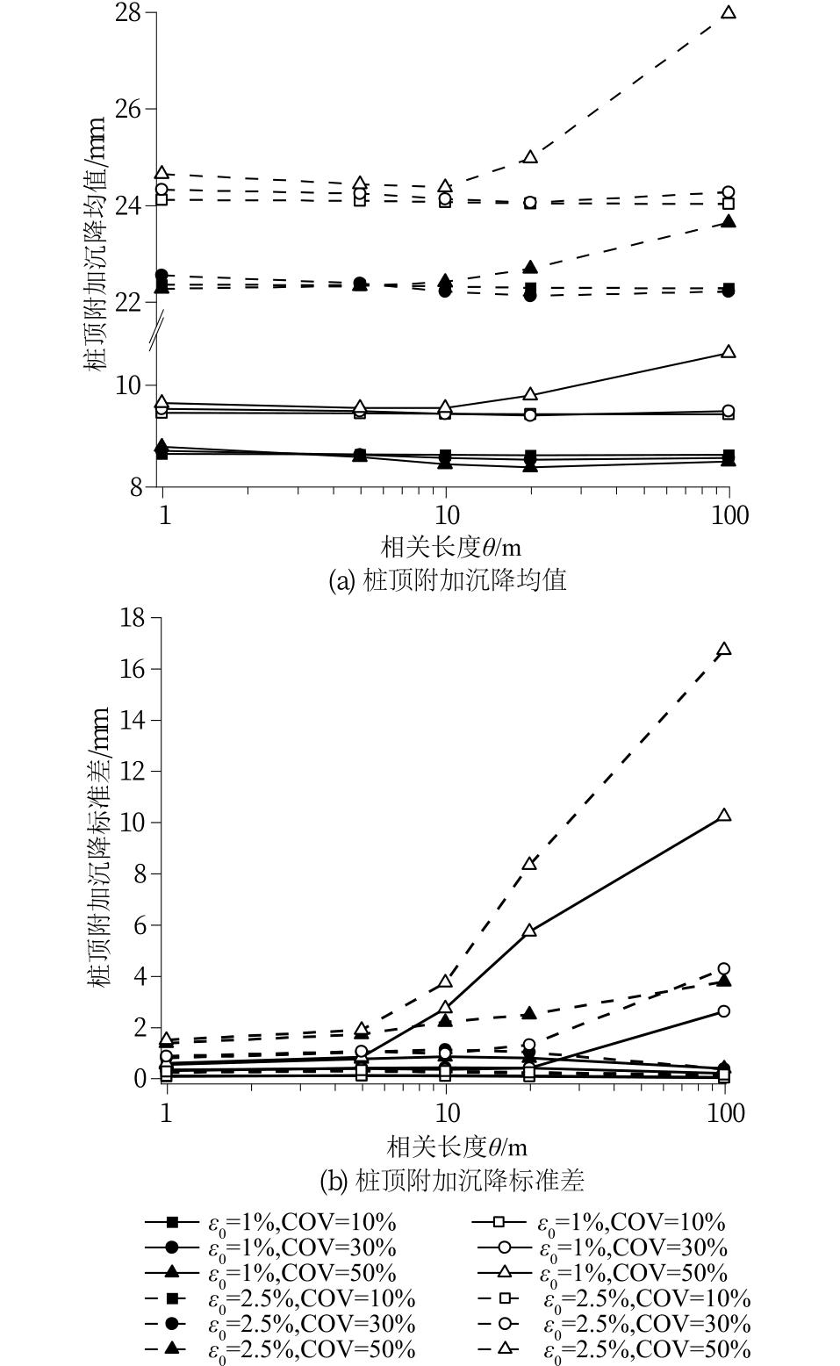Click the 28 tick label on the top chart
(131, 14)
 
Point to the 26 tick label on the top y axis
(131, 109)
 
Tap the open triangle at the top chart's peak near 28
(728, 13)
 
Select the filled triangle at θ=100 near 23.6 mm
(728, 222)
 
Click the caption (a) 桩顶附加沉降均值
(447, 580)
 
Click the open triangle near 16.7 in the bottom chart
(724, 650)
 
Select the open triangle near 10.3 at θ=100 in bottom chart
(724, 816)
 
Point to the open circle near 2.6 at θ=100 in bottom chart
(724, 1011)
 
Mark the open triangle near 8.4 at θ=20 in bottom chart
(529, 864)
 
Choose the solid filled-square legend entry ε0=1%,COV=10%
(272, 1222)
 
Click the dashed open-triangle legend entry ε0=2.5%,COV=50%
(614, 1349)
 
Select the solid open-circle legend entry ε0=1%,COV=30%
(602, 1247)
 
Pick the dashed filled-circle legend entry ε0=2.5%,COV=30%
(280, 1324)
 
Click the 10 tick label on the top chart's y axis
(131, 385)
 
